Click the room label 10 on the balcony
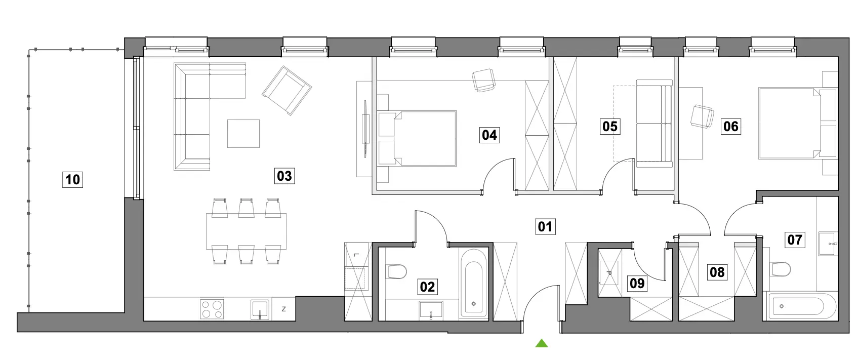pos(72,179)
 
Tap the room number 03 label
pos(284,176)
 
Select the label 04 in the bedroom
pos(489,135)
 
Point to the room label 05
pos(610,127)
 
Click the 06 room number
pos(730,127)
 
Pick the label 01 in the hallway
pos(545,227)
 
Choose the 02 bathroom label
pos(427,287)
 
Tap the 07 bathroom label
pos(794,239)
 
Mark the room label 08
pos(717,272)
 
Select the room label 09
pos(637,284)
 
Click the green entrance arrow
pos(541,343)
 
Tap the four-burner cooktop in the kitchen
pos(212,309)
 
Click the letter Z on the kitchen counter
pos(283,309)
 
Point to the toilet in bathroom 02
pos(397,271)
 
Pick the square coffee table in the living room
pos(243,134)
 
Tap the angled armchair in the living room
pos(287,91)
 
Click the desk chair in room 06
pos(702,116)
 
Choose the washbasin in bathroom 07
pos(828,243)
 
